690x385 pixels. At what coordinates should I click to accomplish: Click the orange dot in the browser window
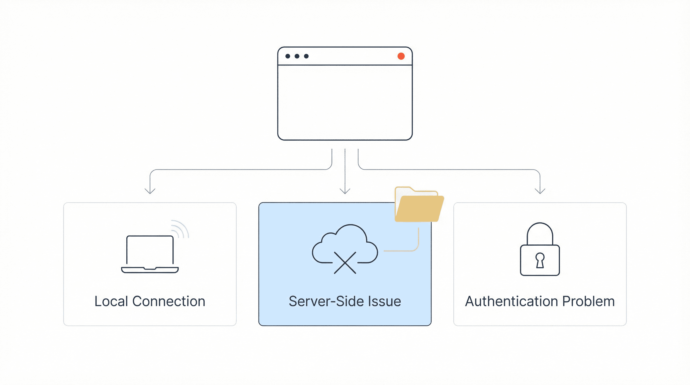[x=401, y=56]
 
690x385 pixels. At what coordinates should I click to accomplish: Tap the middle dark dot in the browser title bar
[x=297, y=56]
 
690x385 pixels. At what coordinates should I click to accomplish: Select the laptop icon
[x=150, y=254]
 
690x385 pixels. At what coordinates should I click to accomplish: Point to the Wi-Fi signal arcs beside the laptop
[x=180, y=229]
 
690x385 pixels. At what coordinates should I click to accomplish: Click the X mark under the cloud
[x=345, y=263]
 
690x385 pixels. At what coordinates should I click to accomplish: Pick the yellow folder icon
[x=419, y=204]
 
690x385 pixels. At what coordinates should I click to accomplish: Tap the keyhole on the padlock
[x=540, y=260]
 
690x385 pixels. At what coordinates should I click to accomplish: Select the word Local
[x=111, y=301]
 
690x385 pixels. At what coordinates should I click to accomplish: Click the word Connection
[x=169, y=301]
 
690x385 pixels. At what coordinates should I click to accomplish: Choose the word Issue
[x=384, y=301]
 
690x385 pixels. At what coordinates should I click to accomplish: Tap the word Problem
[x=588, y=301]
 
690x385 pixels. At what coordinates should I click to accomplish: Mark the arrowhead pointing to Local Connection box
[x=150, y=191]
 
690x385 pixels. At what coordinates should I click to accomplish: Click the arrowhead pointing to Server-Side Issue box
[x=345, y=191]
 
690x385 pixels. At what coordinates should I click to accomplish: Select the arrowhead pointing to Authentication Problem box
[x=540, y=191]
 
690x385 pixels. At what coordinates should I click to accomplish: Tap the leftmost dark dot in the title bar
[x=288, y=56]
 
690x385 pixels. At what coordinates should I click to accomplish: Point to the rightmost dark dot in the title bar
[x=306, y=56]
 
